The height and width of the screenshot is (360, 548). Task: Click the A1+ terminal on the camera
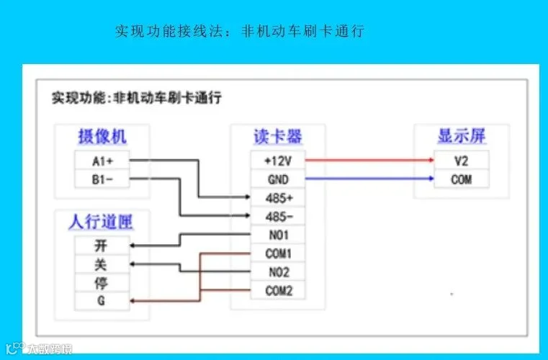[102, 161]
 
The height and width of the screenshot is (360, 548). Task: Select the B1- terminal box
[102, 179]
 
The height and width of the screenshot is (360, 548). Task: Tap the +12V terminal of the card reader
[278, 161]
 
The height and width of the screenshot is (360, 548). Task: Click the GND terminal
[278, 179]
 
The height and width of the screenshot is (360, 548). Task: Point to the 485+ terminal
[278, 198]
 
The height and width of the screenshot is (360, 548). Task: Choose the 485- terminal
[278, 216]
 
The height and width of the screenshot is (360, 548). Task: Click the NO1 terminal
[278, 235]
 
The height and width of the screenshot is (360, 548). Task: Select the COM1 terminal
[278, 253]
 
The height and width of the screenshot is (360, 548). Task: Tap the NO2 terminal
[278, 272]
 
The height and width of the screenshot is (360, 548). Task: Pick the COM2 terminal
[278, 290]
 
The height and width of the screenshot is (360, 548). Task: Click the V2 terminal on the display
[462, 161]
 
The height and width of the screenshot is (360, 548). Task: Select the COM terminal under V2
[462, 179]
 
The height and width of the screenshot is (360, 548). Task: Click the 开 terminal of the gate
[102, 246]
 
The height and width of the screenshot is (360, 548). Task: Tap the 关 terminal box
[102, 264]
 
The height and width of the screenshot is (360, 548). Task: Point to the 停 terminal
[102, 283]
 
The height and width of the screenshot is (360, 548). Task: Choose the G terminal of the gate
[102, 301]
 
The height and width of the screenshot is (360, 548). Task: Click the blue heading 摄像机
[102, 136]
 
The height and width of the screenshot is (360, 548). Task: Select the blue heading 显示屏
[462, 136]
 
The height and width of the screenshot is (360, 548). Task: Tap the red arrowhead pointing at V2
[431, 160]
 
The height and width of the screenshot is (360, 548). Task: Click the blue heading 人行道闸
[101, 222]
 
